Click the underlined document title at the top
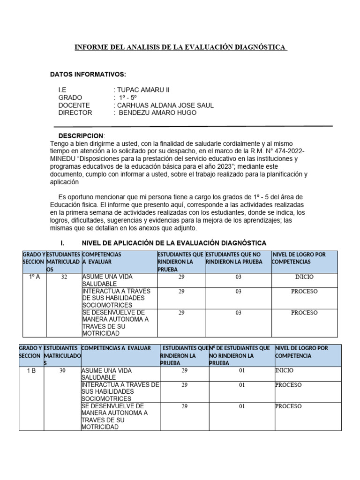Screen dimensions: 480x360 [181, 48]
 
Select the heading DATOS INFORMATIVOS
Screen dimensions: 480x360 [88, 75]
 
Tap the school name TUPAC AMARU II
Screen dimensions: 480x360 [140, 90]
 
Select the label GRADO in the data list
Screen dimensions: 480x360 [70, 97]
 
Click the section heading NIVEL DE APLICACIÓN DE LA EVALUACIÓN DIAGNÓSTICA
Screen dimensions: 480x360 [174, 243]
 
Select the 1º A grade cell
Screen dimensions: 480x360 [34, 277]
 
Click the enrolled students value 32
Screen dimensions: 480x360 [65, 277]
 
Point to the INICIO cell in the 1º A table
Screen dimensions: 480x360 [304, 277]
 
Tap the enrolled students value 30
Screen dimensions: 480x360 [63, 371]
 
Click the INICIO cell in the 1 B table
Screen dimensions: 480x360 [284, 370]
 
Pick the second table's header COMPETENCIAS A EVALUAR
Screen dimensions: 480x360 [116, 348]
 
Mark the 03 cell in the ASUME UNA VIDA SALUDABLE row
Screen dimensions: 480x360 [239, 277]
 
